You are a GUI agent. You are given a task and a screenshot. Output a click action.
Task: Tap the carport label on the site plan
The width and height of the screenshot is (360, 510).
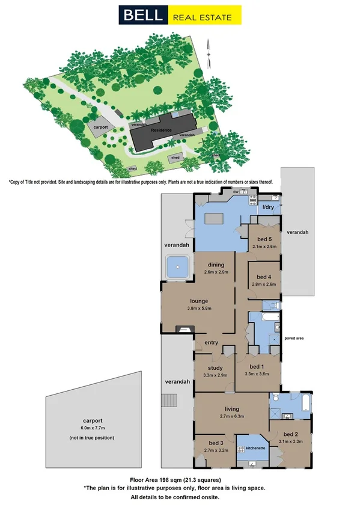[x=100, y=127]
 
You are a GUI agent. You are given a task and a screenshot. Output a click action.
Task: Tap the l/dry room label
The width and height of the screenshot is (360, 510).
[x=268, y=209]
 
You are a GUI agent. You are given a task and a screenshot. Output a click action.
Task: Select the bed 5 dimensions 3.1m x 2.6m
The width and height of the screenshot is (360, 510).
[x=264, y=246]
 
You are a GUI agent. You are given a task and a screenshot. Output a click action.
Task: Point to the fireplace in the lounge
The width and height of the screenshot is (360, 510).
[x=185, y=328]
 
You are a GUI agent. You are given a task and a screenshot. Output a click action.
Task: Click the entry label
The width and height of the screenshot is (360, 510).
[x=211, y=342]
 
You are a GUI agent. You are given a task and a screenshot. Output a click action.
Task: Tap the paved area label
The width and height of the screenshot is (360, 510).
[x=294, y=339]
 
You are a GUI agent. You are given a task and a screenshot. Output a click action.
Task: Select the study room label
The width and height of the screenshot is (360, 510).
[x=215, y=368]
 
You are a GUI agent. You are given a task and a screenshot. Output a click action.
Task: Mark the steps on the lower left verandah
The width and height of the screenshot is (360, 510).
[x=171, y=401]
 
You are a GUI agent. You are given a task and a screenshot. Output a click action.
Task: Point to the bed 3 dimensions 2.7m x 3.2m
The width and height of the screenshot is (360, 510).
[x=216, y=449]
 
